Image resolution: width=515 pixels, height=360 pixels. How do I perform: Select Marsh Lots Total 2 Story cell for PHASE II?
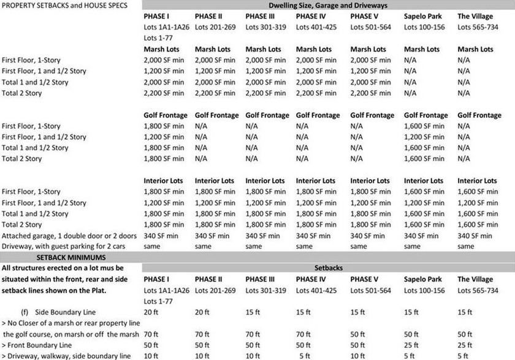click(x=215, y=93)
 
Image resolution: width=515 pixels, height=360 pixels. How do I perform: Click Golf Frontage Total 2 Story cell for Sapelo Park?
click(x=424, y=159)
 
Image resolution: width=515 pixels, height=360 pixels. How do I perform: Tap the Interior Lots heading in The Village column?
click(x=477, y=181)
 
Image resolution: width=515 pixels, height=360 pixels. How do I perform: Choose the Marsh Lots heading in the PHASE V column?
click(x=369, y=49)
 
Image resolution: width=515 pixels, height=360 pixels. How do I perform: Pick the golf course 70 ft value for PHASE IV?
click(x=303, y=334)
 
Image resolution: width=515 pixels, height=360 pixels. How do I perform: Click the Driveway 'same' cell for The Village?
click(x=465, y=247)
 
